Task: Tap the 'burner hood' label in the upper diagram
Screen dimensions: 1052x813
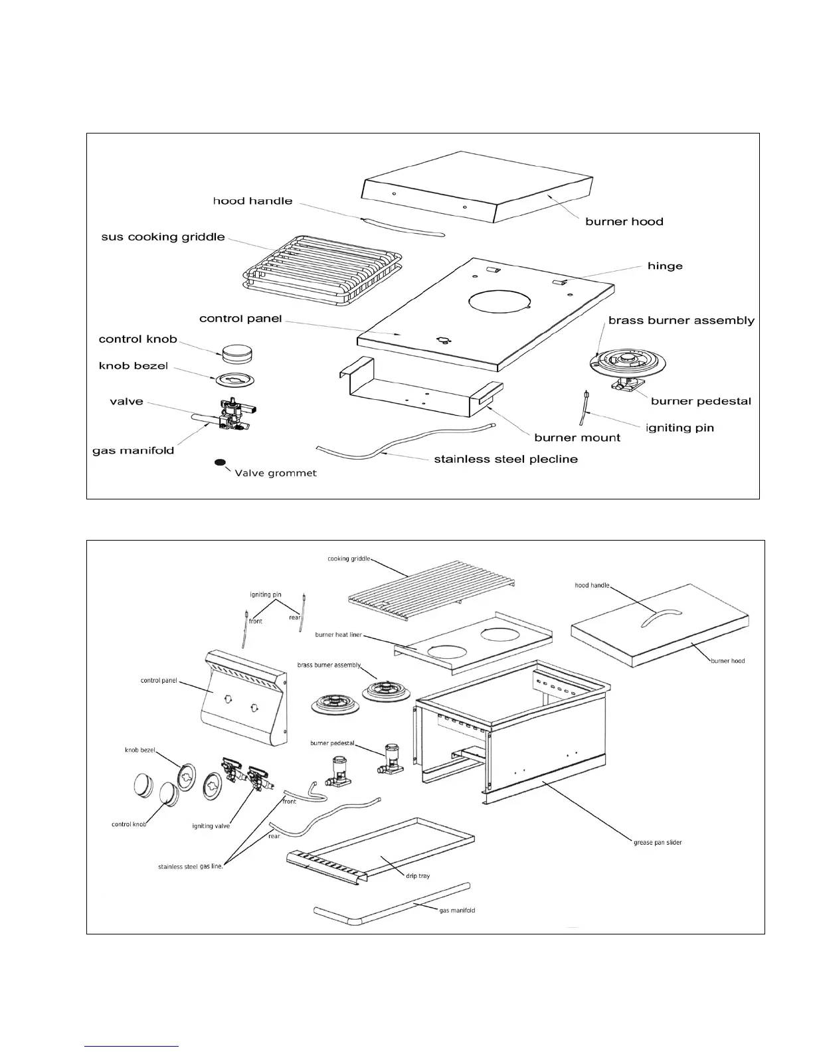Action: point(624,222)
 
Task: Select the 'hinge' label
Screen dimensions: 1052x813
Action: point(665,266)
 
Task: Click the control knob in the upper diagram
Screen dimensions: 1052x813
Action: point(237,353)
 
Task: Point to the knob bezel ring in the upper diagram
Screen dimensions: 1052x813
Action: point(234,381)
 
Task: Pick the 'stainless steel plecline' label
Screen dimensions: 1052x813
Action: point(505,459)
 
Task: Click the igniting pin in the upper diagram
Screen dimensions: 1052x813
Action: point(585,406)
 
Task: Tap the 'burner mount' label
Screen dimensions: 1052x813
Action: point(577,438)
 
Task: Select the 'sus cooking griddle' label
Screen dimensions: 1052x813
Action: point(163,237)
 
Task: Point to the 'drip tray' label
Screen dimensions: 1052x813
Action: point(418,876)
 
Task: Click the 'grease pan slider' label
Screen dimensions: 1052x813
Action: point(658,843)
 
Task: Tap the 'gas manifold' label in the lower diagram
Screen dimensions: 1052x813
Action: point(457,911)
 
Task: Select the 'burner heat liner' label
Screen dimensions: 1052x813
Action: point(339,635)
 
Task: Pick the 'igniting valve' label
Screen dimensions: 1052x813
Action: point(211,826)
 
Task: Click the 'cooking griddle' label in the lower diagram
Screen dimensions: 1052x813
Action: point(349,559)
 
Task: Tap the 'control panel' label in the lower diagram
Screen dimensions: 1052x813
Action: point(159,681)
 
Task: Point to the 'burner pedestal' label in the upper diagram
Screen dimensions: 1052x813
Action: point(701,401)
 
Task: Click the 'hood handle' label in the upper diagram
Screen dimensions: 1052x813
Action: point(252,201)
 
